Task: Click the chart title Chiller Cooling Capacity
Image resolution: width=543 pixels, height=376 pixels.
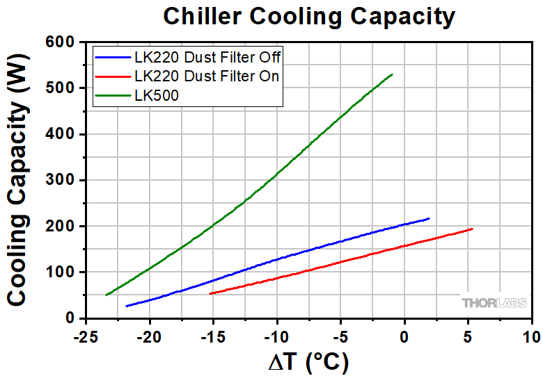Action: [x=309, y=15]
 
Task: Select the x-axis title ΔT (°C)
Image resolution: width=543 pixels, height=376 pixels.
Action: [x=308, y=361]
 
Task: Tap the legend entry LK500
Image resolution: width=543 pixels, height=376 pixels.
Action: [x=157, y=96]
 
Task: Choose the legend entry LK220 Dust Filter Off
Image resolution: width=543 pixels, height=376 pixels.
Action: [x=207, y=57]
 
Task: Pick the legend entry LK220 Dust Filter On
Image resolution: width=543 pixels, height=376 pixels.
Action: [x=207, y=76]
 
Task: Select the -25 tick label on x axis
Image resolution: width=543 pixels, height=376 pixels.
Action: [x=86, y=336]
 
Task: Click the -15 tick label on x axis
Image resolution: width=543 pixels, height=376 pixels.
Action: [x=213, y=336]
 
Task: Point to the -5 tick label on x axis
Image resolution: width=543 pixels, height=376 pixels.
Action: [x=340, y=336]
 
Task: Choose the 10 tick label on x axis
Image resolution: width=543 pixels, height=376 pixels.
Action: [x=531, y=336]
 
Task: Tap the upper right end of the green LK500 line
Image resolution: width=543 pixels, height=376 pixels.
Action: [x=393, y=74]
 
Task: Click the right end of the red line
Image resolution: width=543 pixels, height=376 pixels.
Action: [x=473, y=229]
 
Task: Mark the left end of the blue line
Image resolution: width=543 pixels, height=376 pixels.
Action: [x=126, y=306]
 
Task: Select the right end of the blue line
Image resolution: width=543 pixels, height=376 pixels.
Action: [x=430, y=218]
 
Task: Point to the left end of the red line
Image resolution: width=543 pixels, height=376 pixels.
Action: [x=210, y=293]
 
